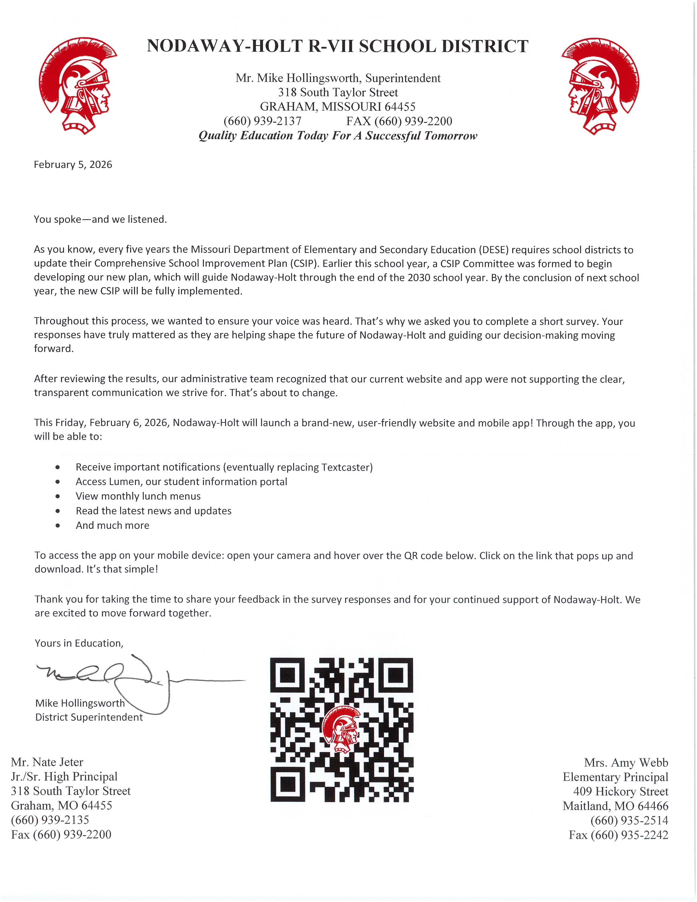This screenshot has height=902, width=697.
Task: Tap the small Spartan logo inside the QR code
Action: coord(341,730)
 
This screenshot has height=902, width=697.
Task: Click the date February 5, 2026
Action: coord(73,164)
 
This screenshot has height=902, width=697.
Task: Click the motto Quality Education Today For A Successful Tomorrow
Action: coord(338,136)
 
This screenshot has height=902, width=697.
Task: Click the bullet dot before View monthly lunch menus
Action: coord(57,496)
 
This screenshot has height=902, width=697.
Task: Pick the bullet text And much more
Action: coord(112,525)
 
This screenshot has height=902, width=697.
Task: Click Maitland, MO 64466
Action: coord(615,806)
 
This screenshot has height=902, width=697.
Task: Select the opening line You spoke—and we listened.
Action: coord(100,219)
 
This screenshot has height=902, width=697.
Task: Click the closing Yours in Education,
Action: coord(79,643)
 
